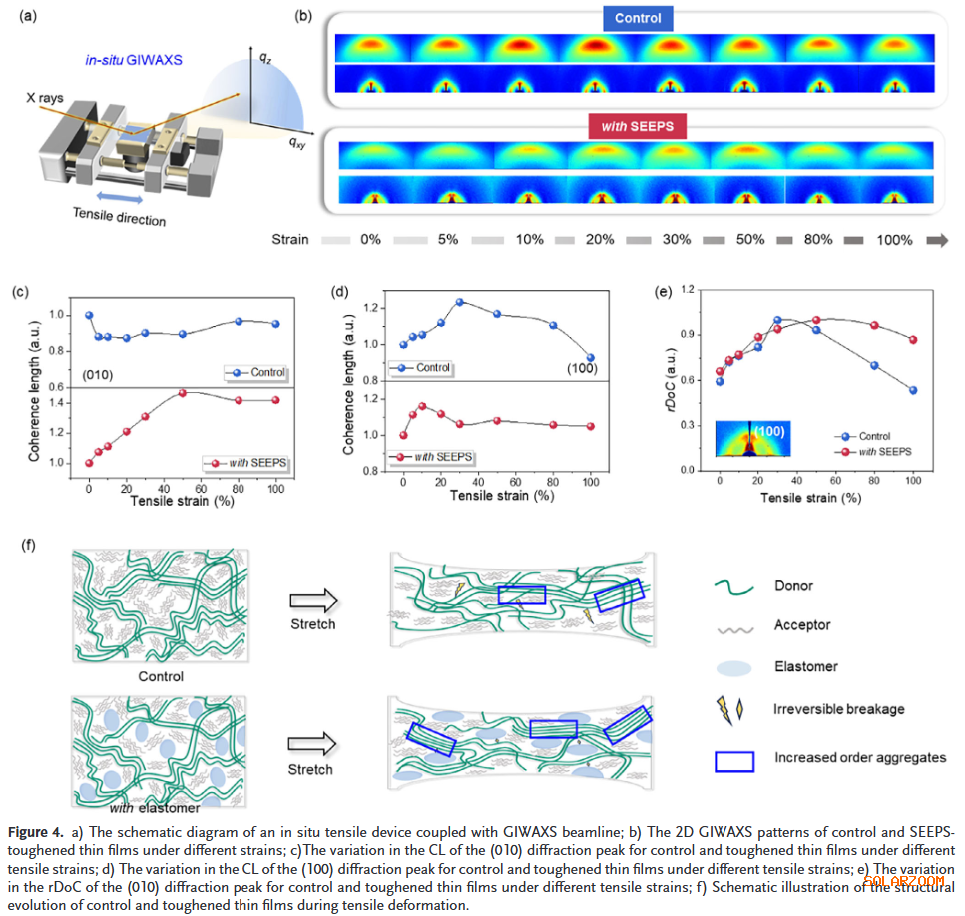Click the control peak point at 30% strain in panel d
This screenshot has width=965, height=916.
pos(460,302)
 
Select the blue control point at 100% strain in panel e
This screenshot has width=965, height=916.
pos(912,390)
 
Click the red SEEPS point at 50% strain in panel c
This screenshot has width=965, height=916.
pos(183,393)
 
